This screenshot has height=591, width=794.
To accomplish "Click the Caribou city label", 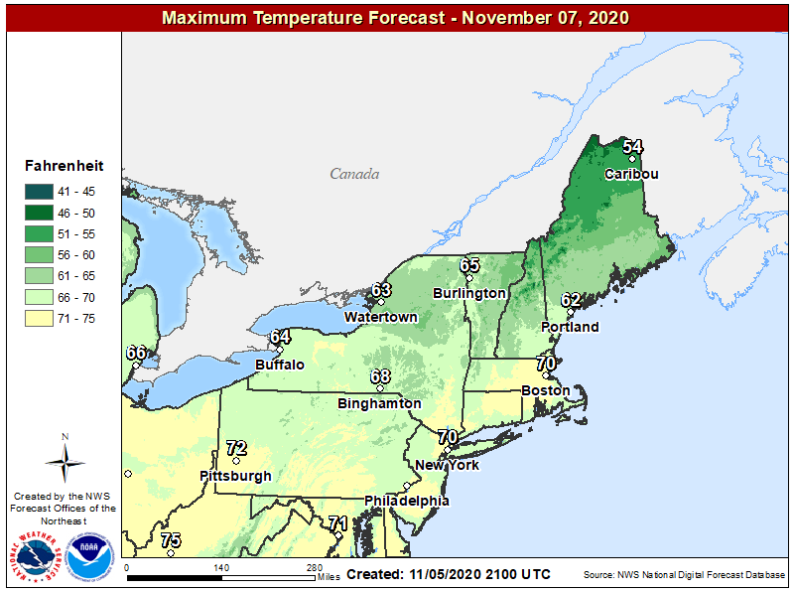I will point(631,174).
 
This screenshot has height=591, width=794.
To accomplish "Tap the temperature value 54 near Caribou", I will point(632,147).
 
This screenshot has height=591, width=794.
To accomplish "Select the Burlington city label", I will point(469,293).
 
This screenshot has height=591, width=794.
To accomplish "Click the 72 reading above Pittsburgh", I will point(235,448).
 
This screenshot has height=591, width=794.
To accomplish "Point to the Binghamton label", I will point(379,403).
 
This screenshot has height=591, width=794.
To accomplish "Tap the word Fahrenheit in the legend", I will point(63,167).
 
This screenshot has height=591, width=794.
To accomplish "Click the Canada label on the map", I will point(354,174).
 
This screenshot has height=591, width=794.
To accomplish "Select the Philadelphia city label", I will point(407,501).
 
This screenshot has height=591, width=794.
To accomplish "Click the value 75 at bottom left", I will point(171,540).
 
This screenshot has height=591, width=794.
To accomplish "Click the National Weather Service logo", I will point(40,557).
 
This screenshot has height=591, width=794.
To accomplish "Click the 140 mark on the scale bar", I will point(220,568).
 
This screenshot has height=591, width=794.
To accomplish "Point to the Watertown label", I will point(380,317).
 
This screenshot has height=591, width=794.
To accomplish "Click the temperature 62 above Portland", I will point(571,300).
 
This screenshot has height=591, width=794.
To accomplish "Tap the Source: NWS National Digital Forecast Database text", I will point(684,575).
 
